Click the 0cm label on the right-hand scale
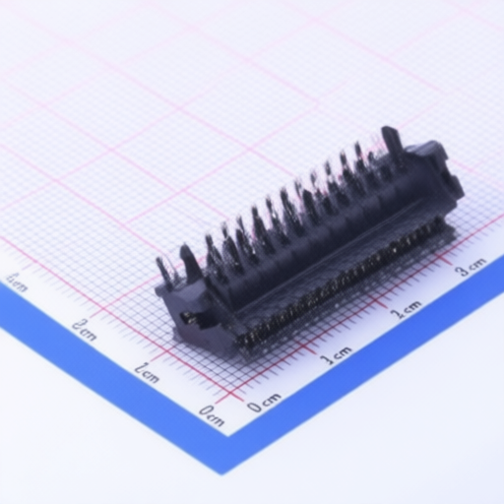[264, 404]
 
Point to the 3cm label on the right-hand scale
[472, 266]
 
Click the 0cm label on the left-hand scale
[211, 414]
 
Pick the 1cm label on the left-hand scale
[147, 371]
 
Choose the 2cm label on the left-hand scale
[84, 328]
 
